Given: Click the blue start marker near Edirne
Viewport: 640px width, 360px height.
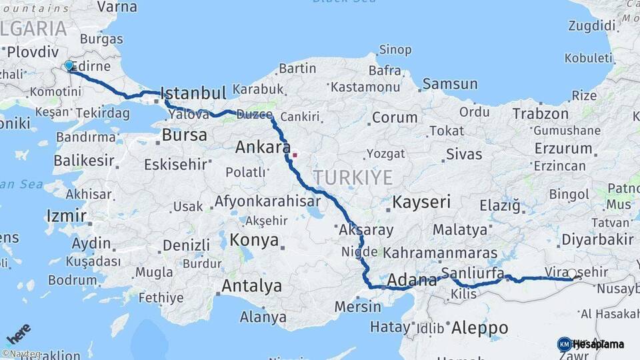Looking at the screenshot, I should (69, 65).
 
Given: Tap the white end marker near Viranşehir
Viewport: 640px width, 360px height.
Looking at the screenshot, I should (572, 273).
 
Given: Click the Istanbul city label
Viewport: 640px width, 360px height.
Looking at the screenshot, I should (194, 92).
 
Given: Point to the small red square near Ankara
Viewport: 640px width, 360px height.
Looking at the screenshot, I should (294, 155).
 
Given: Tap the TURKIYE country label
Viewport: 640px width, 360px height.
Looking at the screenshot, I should (353, 177).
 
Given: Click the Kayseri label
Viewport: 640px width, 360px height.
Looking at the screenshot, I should (421, 201).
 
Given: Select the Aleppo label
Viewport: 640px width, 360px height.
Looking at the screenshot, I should (479, 328).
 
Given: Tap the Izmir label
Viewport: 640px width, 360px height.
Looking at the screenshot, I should (67, 216).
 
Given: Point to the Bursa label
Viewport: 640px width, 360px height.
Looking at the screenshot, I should (184, 135).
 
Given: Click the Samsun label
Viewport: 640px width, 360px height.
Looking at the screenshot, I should (450, 84).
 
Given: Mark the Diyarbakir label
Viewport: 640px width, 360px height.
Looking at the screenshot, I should (597, 239).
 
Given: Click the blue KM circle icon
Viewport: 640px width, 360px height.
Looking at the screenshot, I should (564, 344).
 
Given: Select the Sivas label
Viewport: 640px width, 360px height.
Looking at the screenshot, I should (464, 155).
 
